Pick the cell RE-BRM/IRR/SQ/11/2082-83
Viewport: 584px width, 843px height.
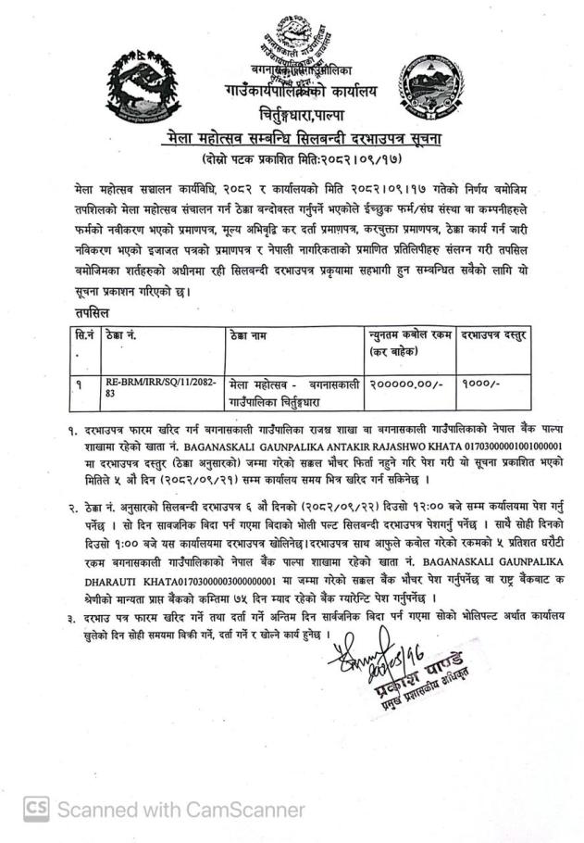coord(157,386)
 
